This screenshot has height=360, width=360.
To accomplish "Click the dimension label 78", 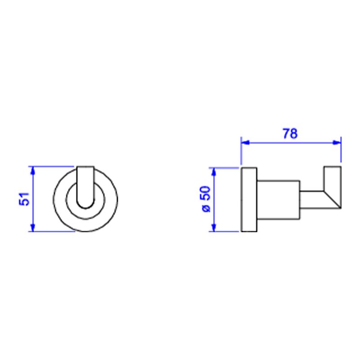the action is pyautogui.click(x=290, y=134).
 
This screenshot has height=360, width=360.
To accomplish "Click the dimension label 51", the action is pyautogui.click(x=24, y=199).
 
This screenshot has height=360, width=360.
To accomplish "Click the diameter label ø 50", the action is pyautogui.click(x=206, y=199).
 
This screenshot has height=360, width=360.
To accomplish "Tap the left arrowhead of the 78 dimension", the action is pyautogui.click(x=245, y=143).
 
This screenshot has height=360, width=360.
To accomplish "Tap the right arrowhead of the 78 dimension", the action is pyautogui.click(x=337, y=143).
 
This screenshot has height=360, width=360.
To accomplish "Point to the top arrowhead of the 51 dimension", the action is pyautogui.click(x=32, y=171).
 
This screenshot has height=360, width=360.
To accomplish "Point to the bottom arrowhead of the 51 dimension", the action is pyautogui.click(x=32, y=227).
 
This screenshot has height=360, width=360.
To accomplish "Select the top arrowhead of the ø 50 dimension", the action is pyautogui.click(x=214, y=172).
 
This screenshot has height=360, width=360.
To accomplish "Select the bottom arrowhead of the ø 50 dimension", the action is pyautogui.click(x=214, y=227).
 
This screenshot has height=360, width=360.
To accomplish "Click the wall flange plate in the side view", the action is pyautogui.click(x=249, y=199).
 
